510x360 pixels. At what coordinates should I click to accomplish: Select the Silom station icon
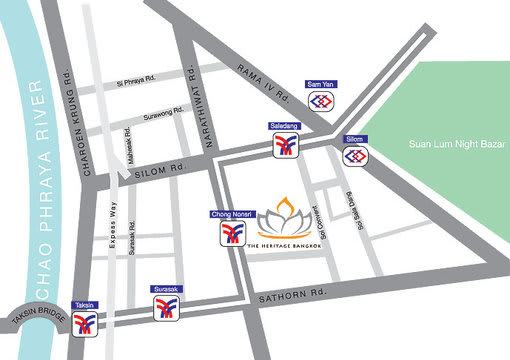(x=355, y=157)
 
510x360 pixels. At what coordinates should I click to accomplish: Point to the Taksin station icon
(x=85, y=321)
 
